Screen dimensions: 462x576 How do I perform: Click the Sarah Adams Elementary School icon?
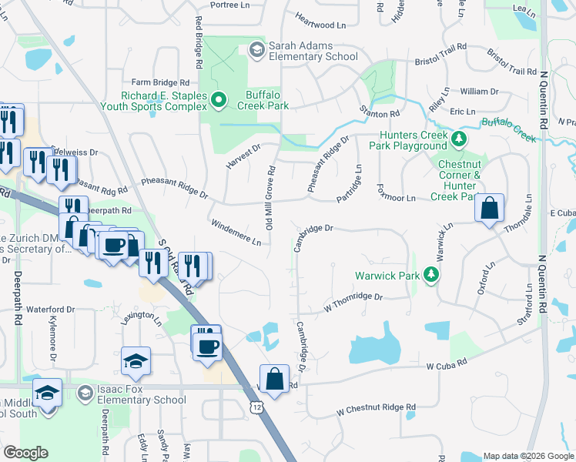[x=256, y=50]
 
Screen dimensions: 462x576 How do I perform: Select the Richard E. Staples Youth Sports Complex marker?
[x=218, y=100]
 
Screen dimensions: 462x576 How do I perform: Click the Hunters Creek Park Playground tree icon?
[x=459, y=139]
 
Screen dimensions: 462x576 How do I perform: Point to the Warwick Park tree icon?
[x=435, y=275]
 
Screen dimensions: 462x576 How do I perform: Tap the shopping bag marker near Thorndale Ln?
[x=490, y=208]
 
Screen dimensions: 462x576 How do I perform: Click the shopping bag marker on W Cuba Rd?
[x=274, y=380]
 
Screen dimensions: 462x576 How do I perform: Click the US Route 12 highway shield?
[x=256, y=406]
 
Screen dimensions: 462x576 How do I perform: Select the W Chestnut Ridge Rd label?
[x=376, y=408]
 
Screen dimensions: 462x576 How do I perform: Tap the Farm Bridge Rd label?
[x=160, y=82]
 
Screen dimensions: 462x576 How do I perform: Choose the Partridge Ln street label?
[x=350, y=182]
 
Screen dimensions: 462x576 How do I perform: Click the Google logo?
[x=25, y=452]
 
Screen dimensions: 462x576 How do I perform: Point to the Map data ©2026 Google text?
[x=527, y=456]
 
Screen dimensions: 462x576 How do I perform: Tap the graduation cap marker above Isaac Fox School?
[x=136, y=363]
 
